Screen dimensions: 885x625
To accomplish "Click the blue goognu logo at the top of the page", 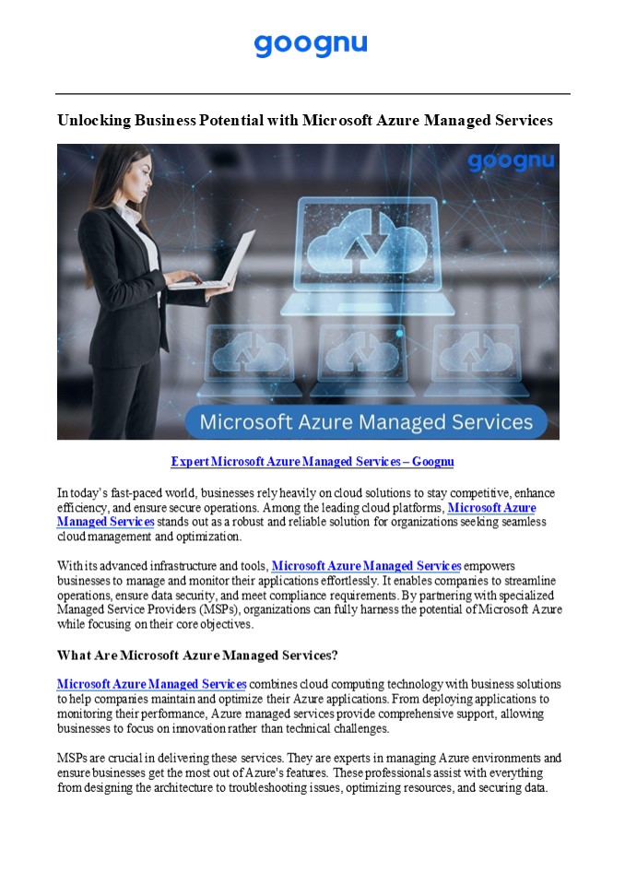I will click(x=311, y=44).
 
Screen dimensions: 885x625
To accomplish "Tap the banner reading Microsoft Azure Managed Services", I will click(x=366, y=422).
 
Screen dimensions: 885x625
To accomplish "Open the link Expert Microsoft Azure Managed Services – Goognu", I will click(x=312, y=461).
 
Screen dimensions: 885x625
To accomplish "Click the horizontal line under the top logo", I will click(x=312, y=93).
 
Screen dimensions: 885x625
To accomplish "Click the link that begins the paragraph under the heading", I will click(x=151, y=684).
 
